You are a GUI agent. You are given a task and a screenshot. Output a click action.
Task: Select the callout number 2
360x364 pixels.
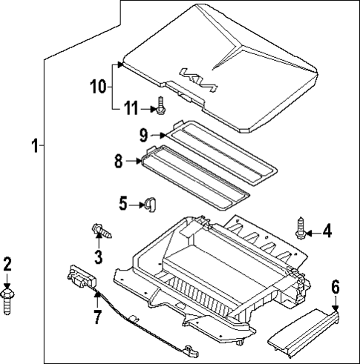click(x=7, y=263)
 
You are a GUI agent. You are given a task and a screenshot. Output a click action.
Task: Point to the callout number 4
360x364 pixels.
click(x=328, y=233)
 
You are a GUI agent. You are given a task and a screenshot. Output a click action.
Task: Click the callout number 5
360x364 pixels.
click(x=124, y=202)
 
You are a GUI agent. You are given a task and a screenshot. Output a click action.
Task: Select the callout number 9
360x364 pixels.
click(x=143, y=135)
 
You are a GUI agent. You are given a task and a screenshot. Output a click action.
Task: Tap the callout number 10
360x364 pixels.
click(x=98, y=87)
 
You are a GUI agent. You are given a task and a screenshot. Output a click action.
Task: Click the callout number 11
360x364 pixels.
click(x=131, y=109)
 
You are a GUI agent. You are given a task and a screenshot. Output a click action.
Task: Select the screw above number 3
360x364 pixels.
click(x=100, y=231)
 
